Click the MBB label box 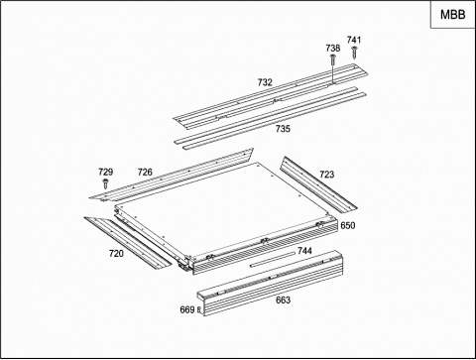click(x=452, y=15)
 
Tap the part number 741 click(x=354, y=40)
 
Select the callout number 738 click(x=332, y=49)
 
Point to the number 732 click(x=265, y=82)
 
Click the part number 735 click(x=283, y=129)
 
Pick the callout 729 click(x=105, y=172)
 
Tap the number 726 click(x=145, y=172)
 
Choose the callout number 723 click(x=326, y=175)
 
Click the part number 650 click(x=348, y=225)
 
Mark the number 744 click(x=304, y=251)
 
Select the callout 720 click(x=116, y=254)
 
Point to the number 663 click(x=283, y=300)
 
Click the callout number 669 click(x=187, y=309)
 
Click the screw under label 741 click(x=354, y=53)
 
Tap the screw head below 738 click(x=332, y=57)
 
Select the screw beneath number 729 click(x=105, y=183)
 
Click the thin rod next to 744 click(x=273, y=259)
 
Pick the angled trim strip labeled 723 click(x=318, y=183)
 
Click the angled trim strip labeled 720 click(x=128, y=243)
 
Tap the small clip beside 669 click(x=198, y=309)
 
